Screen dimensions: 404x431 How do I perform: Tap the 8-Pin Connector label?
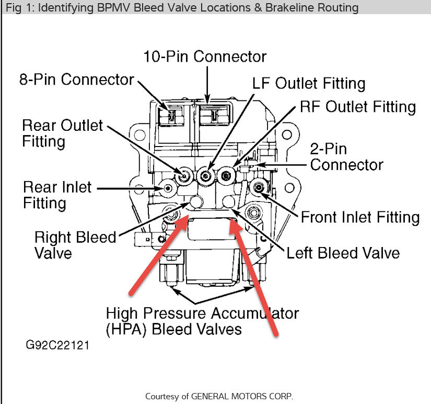point(77,80)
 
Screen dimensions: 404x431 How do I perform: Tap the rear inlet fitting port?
point(168,188)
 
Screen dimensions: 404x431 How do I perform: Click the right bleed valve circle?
point(196,201)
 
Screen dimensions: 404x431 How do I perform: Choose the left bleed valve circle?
point(229,201)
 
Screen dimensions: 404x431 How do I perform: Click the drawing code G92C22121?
point(58,346)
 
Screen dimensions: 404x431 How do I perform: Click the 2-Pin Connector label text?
point(346,157)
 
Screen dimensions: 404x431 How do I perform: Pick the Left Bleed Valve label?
point(343,253)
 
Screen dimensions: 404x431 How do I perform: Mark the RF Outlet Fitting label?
point(358,107)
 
